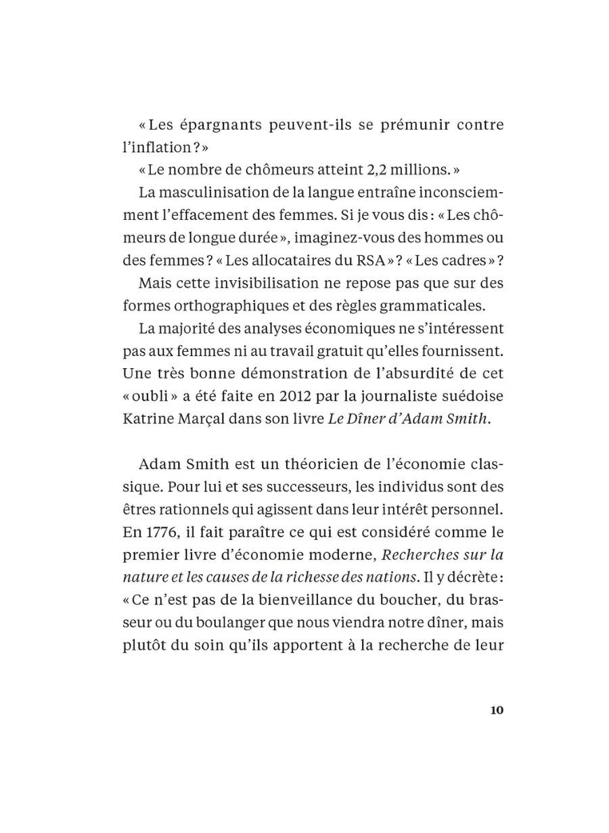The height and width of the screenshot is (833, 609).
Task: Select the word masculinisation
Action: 219,192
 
